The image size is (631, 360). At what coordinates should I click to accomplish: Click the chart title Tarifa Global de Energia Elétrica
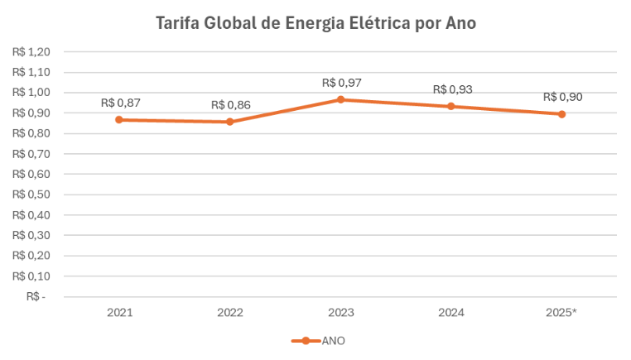tap(315, 23)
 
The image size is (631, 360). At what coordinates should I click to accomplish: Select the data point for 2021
tap(119, 119)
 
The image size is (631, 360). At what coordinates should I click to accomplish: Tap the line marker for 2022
tap(230, 122)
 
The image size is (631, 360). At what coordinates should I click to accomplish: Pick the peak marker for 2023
tap(341, 99)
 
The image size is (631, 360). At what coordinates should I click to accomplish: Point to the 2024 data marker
tap(451, 106)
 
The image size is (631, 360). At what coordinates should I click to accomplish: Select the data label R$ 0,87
tap(120, 103)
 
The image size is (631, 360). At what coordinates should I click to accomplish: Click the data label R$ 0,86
tap(230, 105)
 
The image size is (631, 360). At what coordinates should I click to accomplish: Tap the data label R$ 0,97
tap(341, 83)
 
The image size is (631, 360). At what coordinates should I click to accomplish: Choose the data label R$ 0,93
tap(452, 89)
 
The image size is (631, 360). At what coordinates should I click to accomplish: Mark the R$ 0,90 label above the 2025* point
tap(562, 97)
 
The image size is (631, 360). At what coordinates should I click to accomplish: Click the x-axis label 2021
tap(119, 313)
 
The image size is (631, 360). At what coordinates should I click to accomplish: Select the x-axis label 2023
tap(341, 313)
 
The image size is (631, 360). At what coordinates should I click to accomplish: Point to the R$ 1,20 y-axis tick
tap(31, 51)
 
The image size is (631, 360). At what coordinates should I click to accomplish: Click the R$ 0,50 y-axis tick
tap(31, 194)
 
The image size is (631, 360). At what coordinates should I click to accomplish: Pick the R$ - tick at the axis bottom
tap(36, 296)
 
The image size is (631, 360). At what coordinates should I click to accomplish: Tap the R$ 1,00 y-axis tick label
tap(31, 93)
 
